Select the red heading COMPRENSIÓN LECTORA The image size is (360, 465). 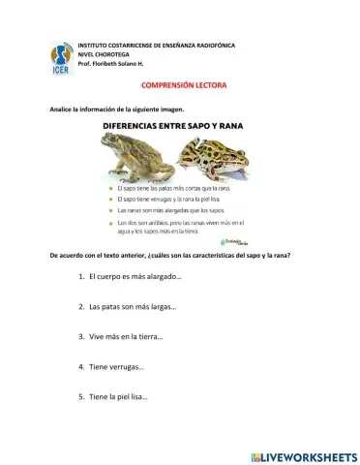click(x=183, y=85)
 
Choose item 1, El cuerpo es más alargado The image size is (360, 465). click(x=135, y=276)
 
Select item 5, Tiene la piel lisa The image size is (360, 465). click(x=118, y=397)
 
